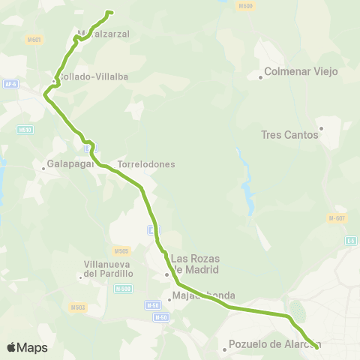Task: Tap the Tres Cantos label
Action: click(290, 136)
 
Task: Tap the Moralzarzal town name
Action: click(103, 34)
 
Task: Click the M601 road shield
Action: click(34, 40)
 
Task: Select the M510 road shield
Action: click(25, 130)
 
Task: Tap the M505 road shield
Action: click(122, 250)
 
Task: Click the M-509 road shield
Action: click(123, 289)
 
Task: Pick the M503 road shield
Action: click(78, 307)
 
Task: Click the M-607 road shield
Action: click(337, 218)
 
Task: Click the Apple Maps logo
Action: click(28, 347)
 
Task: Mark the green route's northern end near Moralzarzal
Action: click(110, 12)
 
